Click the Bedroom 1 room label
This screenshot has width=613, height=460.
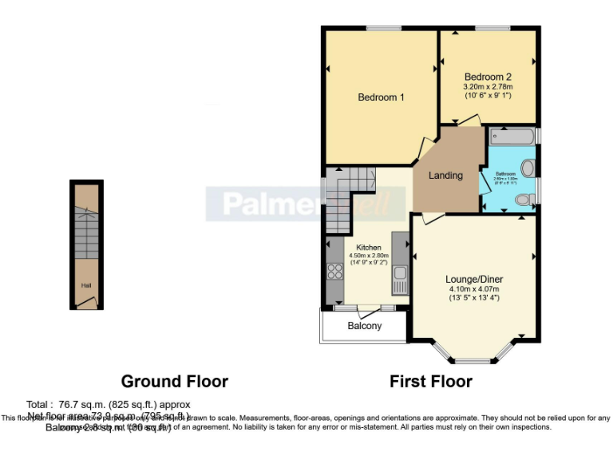[381, 97]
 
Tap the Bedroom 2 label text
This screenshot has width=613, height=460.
[488, 76]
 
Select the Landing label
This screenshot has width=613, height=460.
[445, 176]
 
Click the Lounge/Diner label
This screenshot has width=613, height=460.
[473, 279]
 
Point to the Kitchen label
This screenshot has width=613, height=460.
[368, 248]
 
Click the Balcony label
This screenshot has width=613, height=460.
[365, 326]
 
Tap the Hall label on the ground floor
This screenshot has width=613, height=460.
[85, 285]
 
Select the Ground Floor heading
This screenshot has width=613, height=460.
[174, 382]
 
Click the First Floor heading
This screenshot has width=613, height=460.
[430, 382]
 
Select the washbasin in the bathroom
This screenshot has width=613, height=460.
[528, 169]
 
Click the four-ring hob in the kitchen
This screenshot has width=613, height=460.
[334, 272]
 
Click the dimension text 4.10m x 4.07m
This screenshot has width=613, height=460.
[473, 289]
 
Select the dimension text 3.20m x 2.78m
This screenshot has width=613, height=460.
[488, 86]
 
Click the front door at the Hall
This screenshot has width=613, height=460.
[89, 302]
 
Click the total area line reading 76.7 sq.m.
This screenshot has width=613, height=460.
[109, 404]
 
